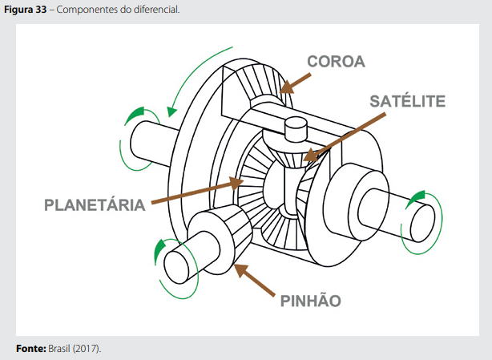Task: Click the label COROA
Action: click(x=335, y=62)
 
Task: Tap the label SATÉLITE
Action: click(x=406, y=101)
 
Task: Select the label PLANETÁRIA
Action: click(x=95, y=204)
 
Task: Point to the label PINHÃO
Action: click(x=311, y=301)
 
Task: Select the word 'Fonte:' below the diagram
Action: click(x=30, y=349)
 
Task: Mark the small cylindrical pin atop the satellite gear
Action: click(x=296, y=128)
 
